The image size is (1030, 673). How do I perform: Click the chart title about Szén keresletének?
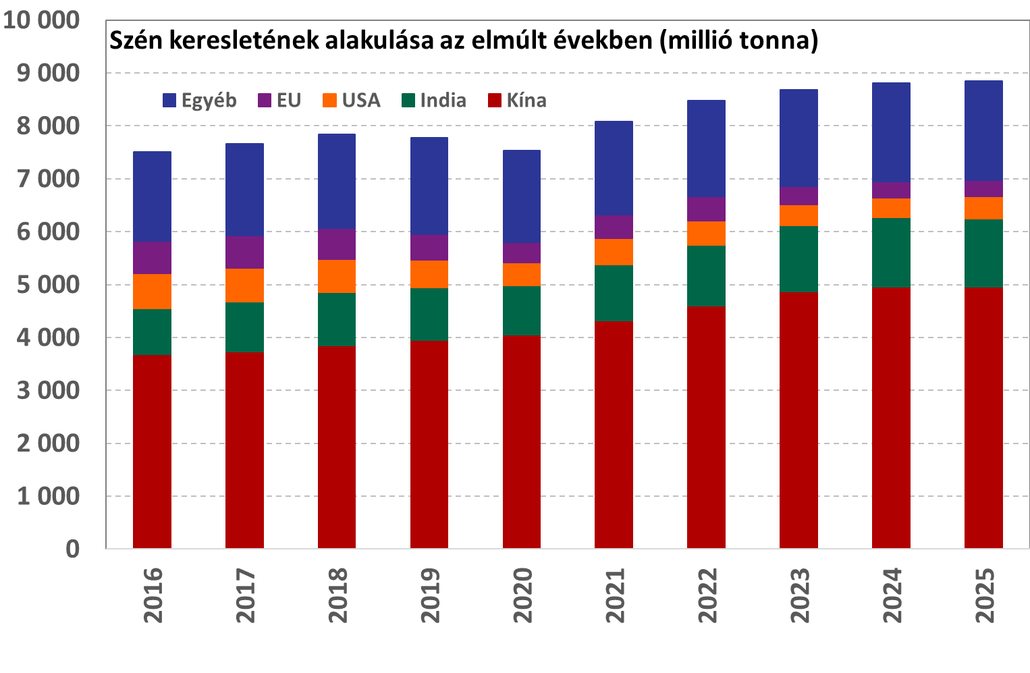point(464,41)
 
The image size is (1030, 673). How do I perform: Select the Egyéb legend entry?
point(200,101)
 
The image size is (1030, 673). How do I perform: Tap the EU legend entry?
point(279,101)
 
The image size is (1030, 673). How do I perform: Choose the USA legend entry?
point(352,101)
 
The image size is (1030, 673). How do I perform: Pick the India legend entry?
point(434,101)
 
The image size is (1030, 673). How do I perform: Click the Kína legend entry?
point(517,101)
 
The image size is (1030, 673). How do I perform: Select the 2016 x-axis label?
point(153,595)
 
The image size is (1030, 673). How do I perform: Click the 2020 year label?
point(522,595)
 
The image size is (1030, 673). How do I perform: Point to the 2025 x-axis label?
point(984,595)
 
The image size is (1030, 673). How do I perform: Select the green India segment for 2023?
point(798,259)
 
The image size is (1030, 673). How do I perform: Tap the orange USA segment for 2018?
point(337,276)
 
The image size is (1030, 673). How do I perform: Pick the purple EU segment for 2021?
point(614,227)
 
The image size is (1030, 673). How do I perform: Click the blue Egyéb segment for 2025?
point(983,130)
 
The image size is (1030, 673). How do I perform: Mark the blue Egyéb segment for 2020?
point(522,196)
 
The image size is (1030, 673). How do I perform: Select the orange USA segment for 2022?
point(706,234)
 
